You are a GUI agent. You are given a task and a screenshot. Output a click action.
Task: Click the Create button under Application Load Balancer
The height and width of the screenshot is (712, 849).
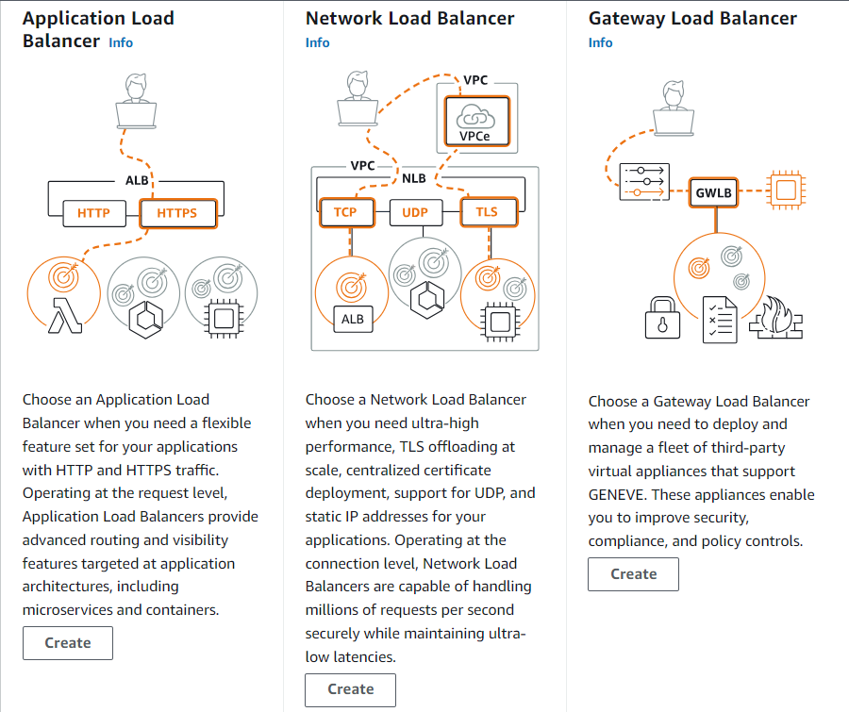68,643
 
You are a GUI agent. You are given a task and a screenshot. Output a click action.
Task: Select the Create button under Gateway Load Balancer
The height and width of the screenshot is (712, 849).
633,574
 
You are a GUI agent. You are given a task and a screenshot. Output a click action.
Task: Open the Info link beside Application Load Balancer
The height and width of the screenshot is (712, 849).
121,42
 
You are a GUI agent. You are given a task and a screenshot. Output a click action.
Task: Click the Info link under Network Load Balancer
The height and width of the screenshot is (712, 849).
318,42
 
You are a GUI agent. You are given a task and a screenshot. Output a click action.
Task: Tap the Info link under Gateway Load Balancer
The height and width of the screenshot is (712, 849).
600,42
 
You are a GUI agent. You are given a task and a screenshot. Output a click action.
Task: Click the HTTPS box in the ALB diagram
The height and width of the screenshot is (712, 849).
177,213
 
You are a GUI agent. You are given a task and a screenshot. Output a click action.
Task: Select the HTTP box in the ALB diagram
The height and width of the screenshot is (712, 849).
93,213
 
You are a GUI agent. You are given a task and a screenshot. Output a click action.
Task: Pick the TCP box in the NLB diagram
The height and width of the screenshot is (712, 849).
345,212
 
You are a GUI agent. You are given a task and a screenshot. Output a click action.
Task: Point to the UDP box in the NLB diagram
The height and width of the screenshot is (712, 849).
415,213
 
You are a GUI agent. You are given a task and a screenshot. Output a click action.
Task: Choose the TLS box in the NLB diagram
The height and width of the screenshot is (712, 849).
486,212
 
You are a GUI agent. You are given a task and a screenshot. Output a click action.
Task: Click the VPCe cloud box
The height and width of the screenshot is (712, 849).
475,123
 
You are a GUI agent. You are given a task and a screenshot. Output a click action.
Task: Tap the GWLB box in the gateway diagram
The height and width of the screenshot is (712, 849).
713,192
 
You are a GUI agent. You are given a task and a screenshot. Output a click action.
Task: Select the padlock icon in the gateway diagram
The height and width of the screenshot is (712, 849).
663,320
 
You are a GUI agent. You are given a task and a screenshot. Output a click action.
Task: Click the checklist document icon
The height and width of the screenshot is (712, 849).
720,319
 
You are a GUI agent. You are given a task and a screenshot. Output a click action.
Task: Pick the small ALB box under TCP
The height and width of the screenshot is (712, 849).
352,320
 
